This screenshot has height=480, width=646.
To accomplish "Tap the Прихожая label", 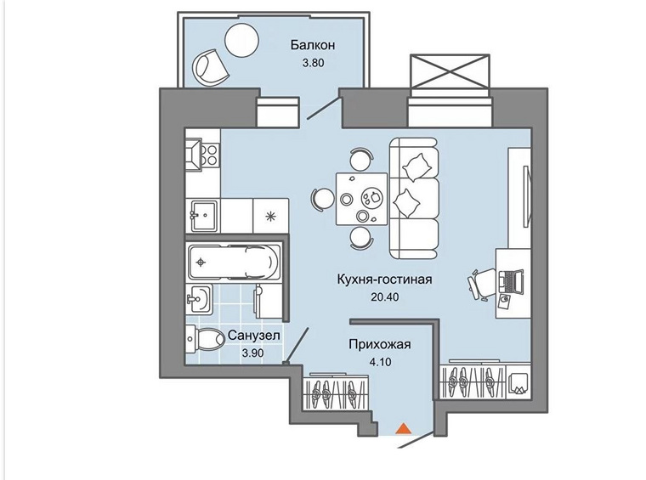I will point(380,344).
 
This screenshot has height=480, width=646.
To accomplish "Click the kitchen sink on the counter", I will point(204,213).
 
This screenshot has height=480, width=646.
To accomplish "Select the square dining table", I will point(361,198).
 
